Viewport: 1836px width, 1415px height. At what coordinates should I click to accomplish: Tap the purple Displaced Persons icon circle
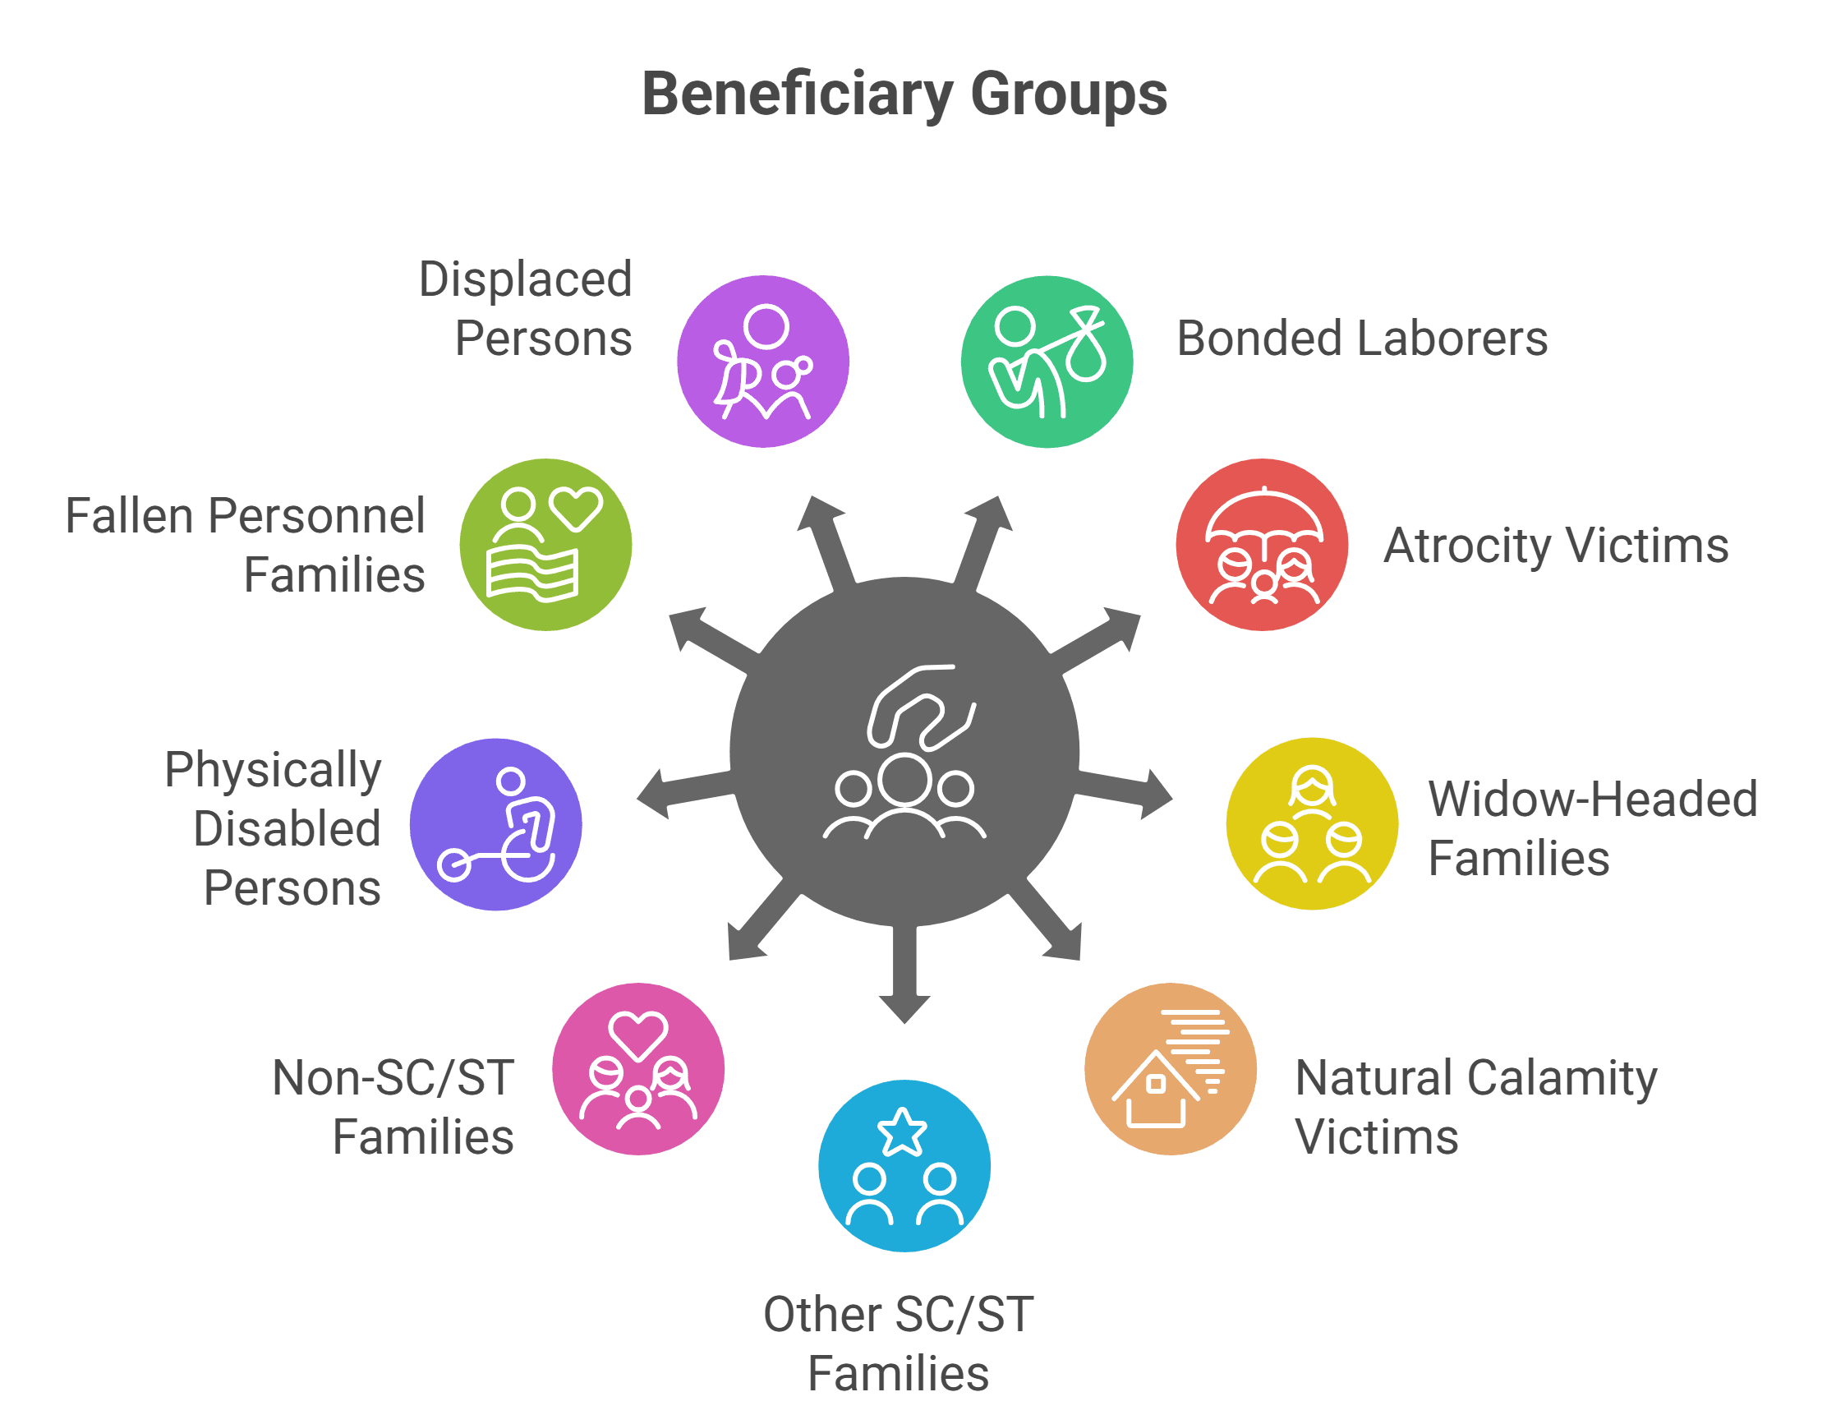pos(763,362)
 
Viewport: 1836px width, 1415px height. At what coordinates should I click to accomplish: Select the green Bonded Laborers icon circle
pos(1047,362)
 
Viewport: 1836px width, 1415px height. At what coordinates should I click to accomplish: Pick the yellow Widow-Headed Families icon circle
pos(1312,824)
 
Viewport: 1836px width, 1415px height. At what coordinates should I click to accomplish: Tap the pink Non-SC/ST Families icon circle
pos(638,1069)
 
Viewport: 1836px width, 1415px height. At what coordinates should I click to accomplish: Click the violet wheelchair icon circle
pos(496,825)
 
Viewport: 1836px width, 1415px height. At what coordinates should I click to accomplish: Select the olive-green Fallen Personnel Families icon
pos(545,545)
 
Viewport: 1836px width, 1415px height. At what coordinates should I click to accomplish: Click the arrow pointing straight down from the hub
pos(904,974)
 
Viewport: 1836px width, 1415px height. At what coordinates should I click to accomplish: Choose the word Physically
pos(274,771)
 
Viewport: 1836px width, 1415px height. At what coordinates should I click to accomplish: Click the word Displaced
pos(526,279)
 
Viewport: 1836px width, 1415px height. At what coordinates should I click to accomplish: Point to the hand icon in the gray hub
pos(922,706)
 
